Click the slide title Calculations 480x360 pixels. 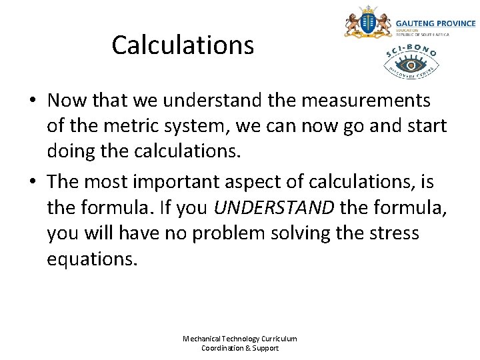pyautogui.click(x=183, y=45)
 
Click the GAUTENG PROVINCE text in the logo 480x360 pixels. pyautogui.click(x=435, y=23)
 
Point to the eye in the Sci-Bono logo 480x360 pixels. pyautogui.click(x=411, y=65)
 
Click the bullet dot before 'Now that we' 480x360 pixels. pyautogui.click(x=32, y=101)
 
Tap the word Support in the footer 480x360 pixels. pyautogui.click(x=265, y=348)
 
